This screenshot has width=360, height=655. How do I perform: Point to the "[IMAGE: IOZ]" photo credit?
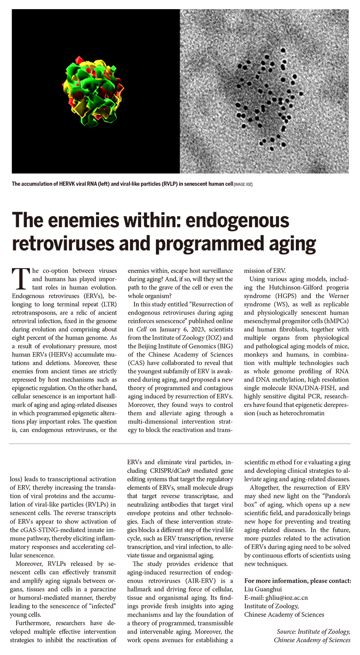243,184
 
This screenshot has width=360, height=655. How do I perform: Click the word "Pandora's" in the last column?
335,496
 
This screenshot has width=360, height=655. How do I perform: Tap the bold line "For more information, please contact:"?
298,581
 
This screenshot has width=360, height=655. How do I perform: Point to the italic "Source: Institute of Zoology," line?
314,631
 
